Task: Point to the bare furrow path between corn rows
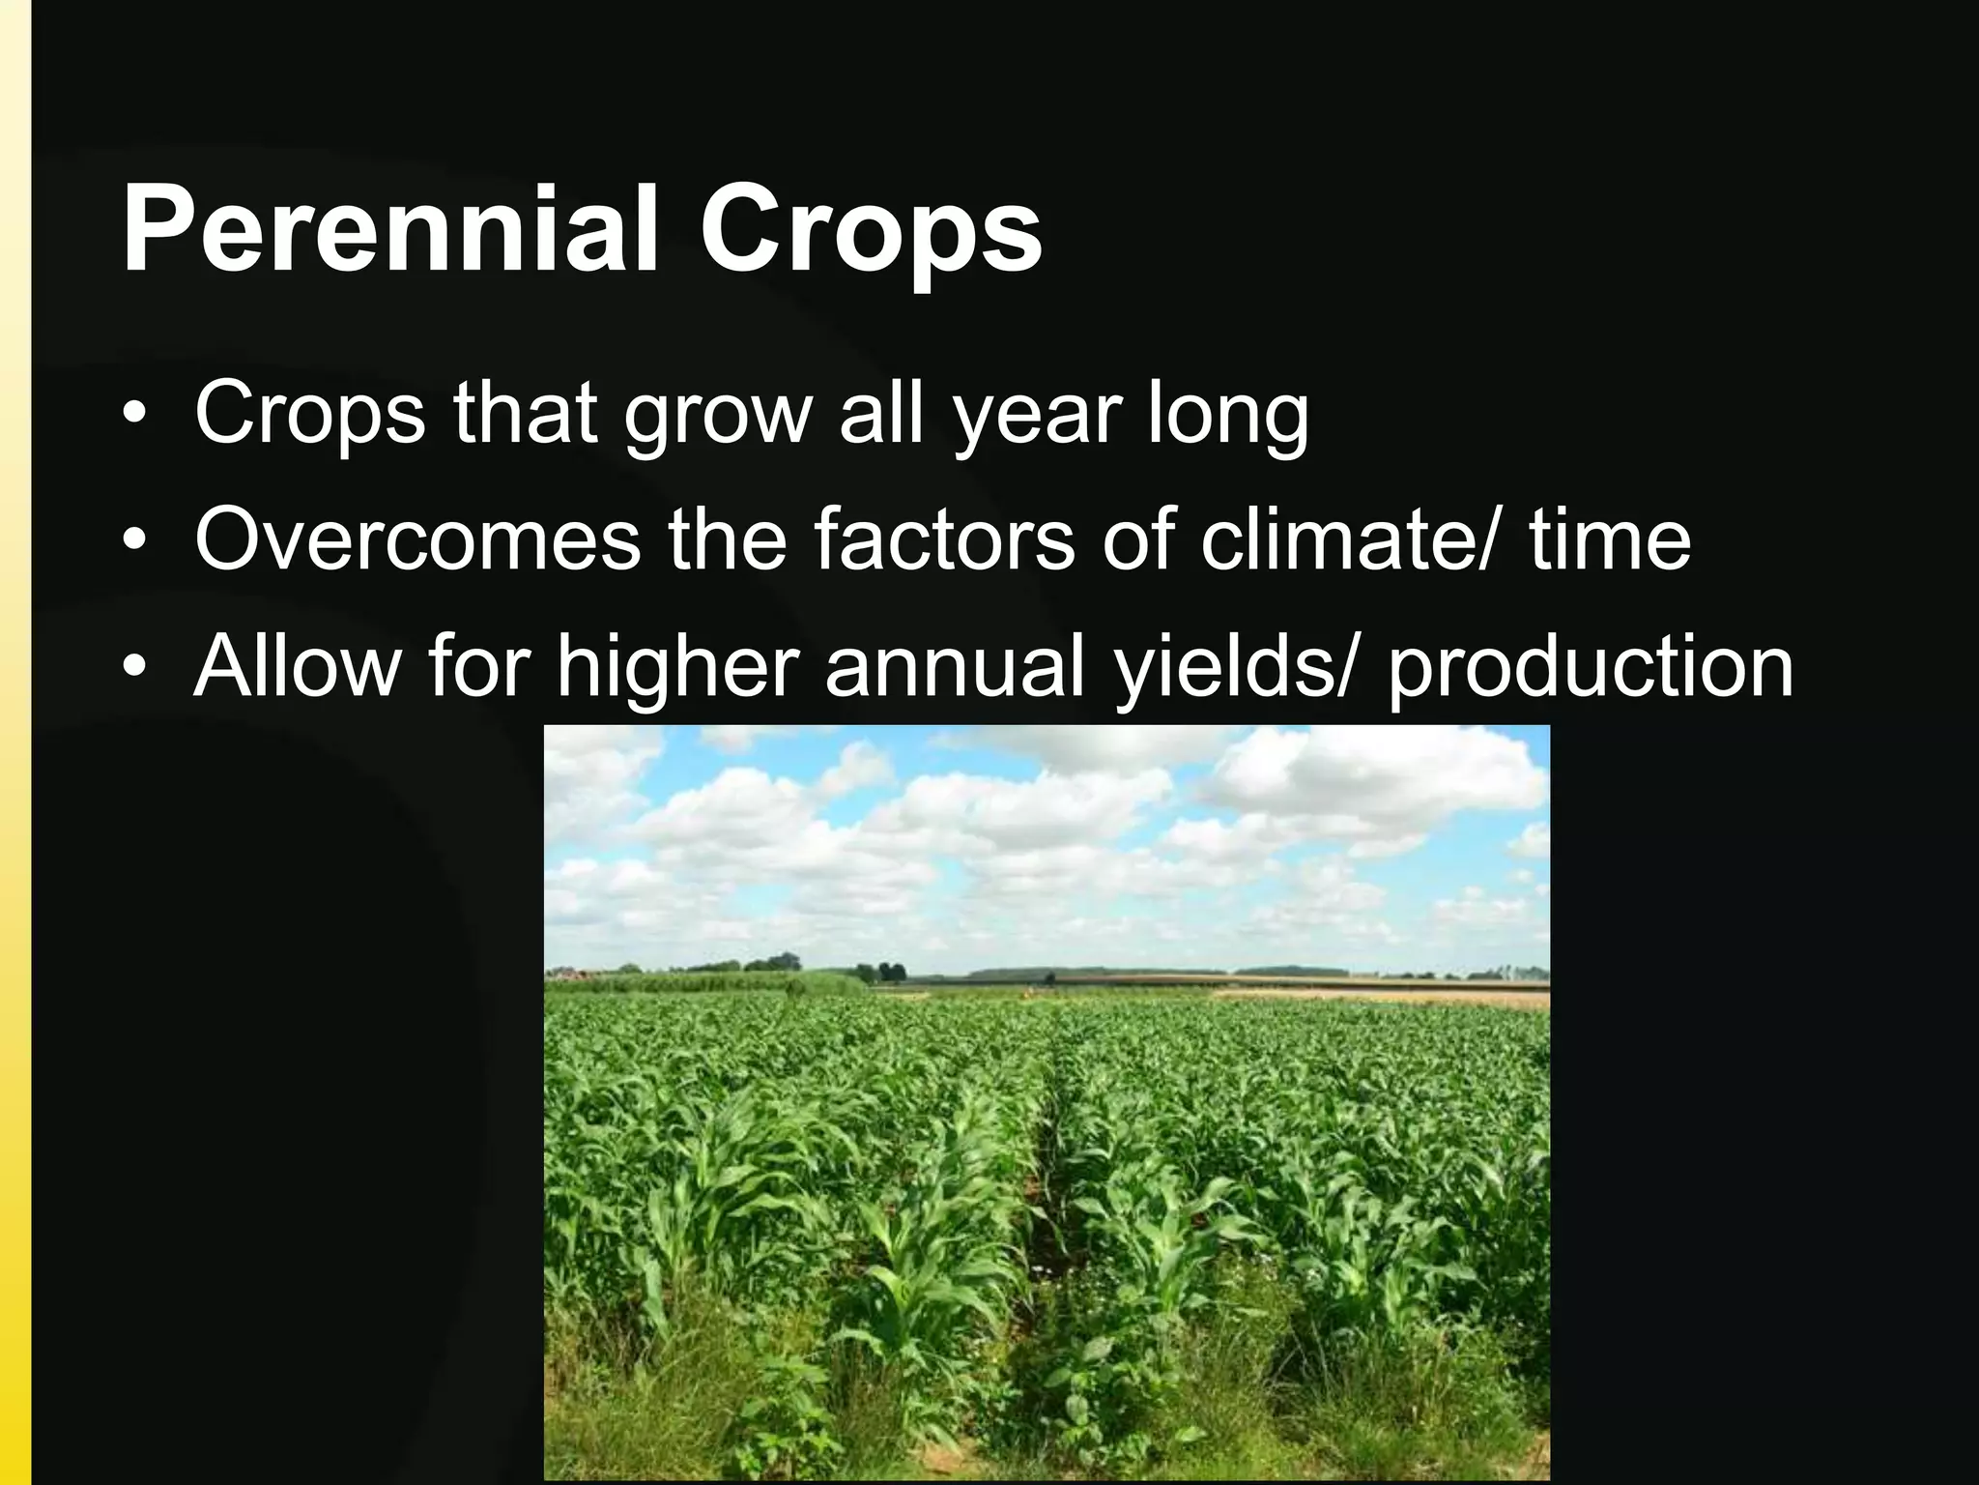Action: (x=1048, y=1257)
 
